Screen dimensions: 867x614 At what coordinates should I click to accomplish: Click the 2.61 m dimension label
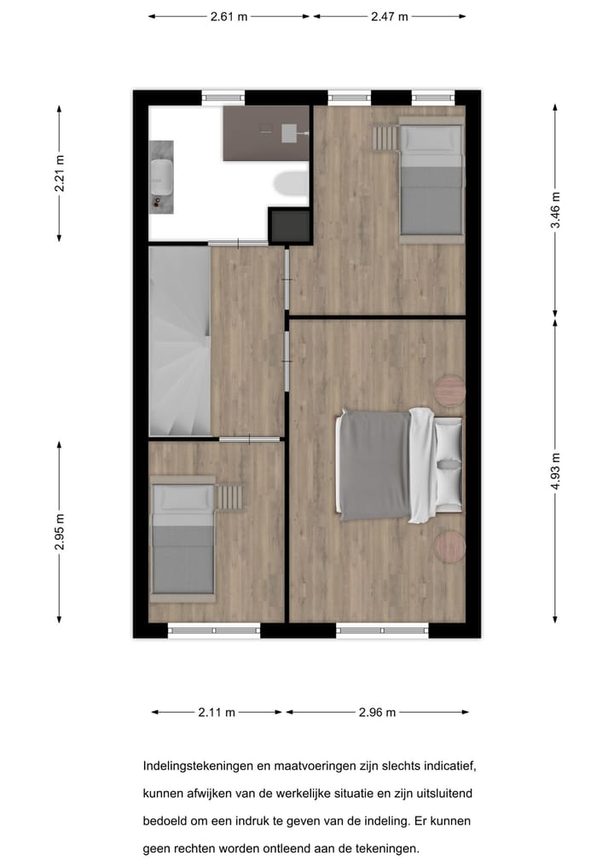click(229, 16)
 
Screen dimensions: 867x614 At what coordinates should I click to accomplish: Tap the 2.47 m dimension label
click(389, 16)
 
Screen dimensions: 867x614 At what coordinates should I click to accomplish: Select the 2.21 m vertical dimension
click(60, 172)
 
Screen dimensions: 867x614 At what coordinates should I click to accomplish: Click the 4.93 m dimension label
click(555, 470)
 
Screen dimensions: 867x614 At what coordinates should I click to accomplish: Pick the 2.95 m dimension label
click(60, 530)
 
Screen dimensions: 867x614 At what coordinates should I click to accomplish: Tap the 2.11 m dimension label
click(217, 713)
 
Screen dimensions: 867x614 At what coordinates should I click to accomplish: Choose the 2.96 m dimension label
click(377, 713)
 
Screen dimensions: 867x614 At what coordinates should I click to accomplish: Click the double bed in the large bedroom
click(399, 465)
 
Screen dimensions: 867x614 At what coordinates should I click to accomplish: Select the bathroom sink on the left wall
click(161, 176)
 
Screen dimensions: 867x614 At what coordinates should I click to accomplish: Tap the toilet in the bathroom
click(293, 182)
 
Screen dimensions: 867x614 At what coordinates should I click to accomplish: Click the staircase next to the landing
click(180, 341)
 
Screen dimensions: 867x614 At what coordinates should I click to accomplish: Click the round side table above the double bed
click(450, 390)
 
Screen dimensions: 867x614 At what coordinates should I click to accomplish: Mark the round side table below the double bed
click(450, 546)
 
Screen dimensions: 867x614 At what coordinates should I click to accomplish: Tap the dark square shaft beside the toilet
click(289, 226)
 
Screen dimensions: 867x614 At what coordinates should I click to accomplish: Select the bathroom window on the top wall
click(223, 97)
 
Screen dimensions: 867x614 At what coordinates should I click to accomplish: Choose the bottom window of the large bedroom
click(382, 631)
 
